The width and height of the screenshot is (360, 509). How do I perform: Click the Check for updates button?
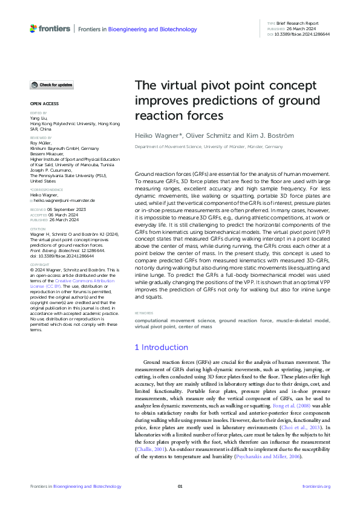51,85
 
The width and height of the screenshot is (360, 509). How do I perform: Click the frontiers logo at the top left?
50,28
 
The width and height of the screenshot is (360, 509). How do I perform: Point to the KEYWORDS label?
143,313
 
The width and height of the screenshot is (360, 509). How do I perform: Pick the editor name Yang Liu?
39,118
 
